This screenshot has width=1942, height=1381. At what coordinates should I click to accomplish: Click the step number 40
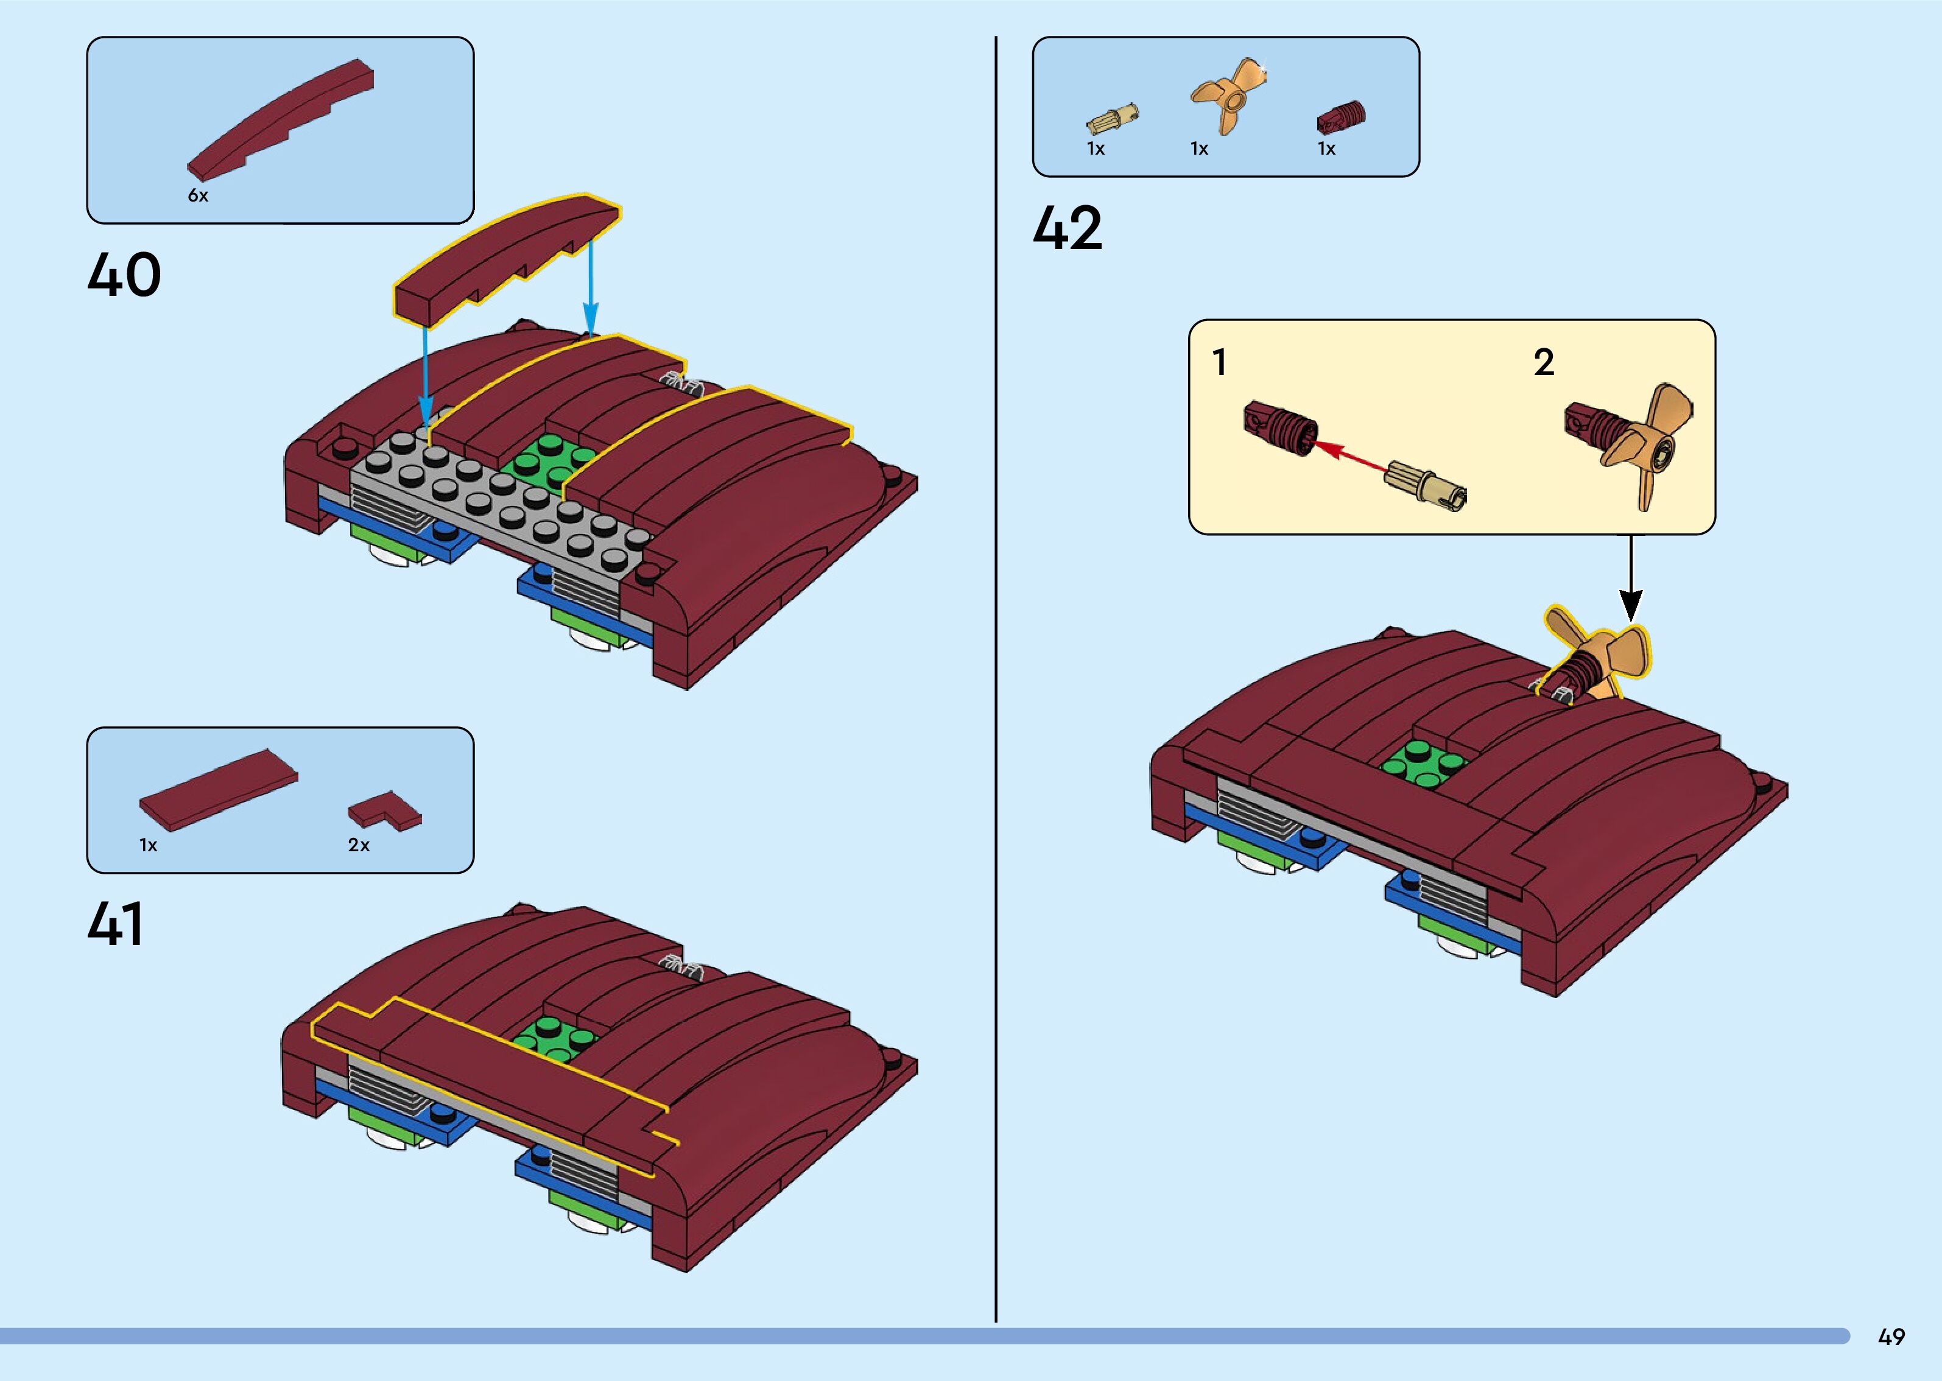[124, 274]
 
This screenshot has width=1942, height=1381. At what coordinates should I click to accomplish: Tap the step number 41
[116, 924]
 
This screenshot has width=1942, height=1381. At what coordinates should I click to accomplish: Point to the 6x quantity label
[197, 195]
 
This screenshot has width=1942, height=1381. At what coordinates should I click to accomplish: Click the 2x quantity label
[359, 845]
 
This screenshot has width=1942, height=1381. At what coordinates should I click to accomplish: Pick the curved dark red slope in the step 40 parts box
[281, 116]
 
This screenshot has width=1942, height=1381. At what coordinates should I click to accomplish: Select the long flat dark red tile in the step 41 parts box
[219, 790]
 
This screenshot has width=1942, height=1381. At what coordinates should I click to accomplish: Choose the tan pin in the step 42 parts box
[1112, 120]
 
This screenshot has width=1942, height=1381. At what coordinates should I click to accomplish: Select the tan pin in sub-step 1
[1425, 487]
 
